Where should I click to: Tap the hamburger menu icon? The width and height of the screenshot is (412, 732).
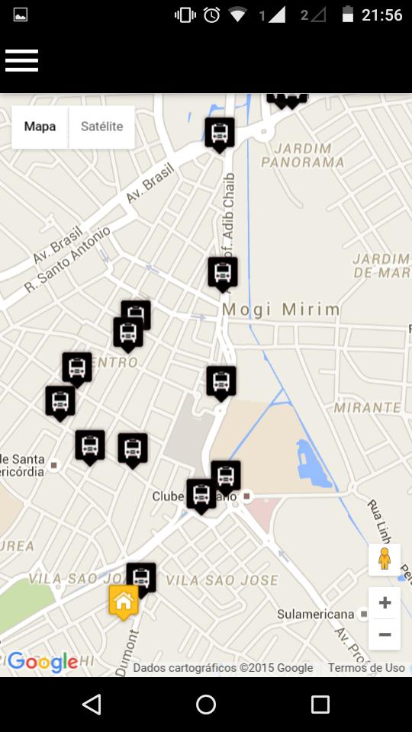pyautogui.click(x=21, y=60)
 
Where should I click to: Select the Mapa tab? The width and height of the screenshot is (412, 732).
pyautogui.click(x=40, y=127)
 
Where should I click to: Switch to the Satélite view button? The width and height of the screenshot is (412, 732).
pyautogui.click(x=101, y=127)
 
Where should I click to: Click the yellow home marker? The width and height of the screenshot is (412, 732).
pyautogui.click(x=124, y=602)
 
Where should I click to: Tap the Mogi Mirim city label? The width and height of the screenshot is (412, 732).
pyautogui.click(x=281, y=309)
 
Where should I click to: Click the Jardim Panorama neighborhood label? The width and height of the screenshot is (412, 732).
pyautogui.click(x=303, y=155)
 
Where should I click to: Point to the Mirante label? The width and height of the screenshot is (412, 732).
pyautogui.click(x=367, y=407)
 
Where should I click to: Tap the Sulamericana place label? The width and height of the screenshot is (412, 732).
pyautogui.click(x=316, y=614)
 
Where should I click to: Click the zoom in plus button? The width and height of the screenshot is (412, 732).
pyautogui.click(x=385, y=603)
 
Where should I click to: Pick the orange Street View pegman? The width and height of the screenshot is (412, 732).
pyautogui.click(x=385, y=559)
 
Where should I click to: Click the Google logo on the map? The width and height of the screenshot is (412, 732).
pyautogui.click(x=43, y=662)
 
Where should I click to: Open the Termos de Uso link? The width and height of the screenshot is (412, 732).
pyautogui.click(x=366, y=668)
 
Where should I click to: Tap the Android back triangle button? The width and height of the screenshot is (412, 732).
pyautogui.click(x=92, y=705)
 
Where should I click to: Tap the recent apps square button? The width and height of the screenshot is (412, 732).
pyautogui.click(x=320, y=705)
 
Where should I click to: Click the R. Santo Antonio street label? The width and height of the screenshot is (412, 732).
pyautogui.click(x=68, y=260)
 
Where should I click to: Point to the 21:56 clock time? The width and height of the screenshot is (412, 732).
pyautogui.click(x=382, y=14)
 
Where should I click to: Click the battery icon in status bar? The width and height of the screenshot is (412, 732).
pyautogui.click(x=348, y=14)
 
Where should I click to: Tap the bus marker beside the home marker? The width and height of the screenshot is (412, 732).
pyautogui.click(x=141, y=577)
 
